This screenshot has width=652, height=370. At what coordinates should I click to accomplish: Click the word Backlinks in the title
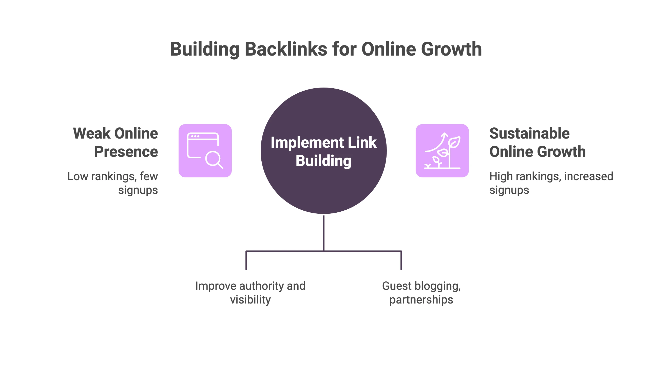click(x=286, y=49)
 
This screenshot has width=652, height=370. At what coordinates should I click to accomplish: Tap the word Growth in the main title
click(x=451, y=49)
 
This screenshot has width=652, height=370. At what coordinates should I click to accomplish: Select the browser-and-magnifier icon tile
click(x=205, y=151)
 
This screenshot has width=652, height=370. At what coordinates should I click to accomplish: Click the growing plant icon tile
click(x=442, y=151)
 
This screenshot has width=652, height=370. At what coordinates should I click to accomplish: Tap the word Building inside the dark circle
click(x=323, y=161)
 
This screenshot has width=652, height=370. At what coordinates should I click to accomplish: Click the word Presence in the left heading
click(x=126, y=152)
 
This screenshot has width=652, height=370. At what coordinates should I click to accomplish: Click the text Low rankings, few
click(x=112, y=176)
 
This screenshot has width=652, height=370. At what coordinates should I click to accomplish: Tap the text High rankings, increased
click(x=551, y=176)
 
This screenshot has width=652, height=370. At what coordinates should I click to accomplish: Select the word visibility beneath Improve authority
click(x=250, y=300)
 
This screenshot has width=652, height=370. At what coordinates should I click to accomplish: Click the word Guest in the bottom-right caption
click(x=396, y=286)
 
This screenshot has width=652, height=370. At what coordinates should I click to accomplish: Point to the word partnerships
click(x=421, y=300)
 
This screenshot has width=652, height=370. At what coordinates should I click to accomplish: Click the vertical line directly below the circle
click(x=323, y=232)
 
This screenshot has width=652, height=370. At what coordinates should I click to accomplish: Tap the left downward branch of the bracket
click(x=246, y=260)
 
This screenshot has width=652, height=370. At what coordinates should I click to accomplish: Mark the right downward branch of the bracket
click(x=401, y=260)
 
